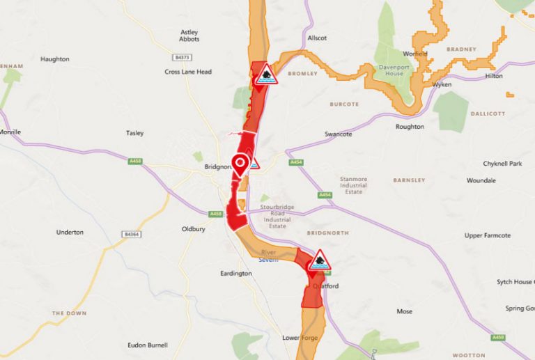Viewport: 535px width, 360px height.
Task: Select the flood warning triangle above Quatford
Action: point(319,260)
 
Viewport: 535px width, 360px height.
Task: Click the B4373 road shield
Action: point(183,57)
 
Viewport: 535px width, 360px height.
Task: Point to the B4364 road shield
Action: point(132,234)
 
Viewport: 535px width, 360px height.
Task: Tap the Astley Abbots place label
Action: point(189,36)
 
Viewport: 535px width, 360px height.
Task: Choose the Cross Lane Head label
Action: point(188,72)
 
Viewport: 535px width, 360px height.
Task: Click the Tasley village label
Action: point(134,132)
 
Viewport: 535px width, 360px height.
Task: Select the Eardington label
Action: point(235,274)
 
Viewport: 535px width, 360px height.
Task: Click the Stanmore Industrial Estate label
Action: point(353,185)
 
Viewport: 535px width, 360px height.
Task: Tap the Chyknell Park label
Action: point(502,164)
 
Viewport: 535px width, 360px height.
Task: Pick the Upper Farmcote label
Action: point(488,235)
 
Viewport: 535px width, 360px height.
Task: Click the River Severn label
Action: point(269,256)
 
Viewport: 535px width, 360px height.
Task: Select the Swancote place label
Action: point(339,134)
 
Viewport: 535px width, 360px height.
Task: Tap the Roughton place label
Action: point(410,127)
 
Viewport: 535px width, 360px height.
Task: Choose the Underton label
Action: point(70,232)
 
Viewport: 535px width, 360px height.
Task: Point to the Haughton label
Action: point(55,59)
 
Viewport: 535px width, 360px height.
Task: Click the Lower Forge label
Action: point(300,338)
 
